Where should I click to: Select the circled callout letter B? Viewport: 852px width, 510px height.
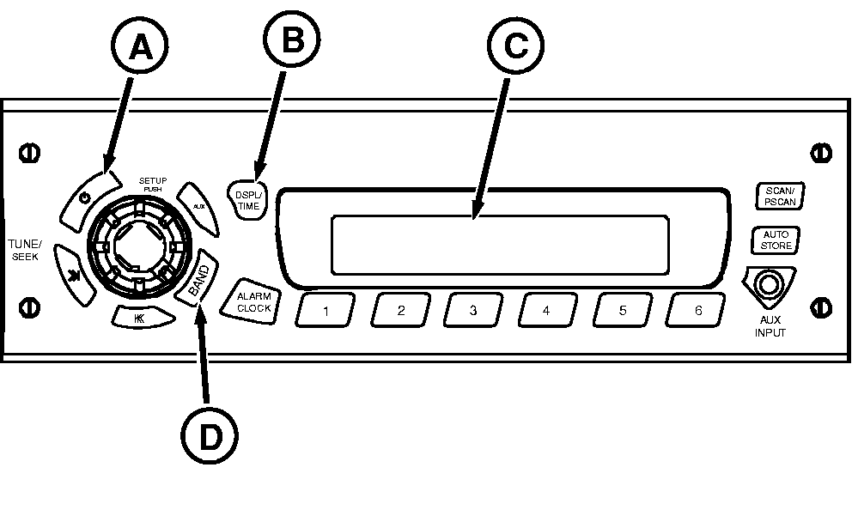click(x=291, y=40)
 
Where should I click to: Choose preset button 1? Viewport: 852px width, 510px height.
click(x=326, y=311)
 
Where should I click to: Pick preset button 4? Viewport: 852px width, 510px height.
click(x=546, y=311)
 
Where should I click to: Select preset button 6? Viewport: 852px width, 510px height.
click(x=697, y=311)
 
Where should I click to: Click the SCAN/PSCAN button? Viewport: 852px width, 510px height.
click(x=777, y=197)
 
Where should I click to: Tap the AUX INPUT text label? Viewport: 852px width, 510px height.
click(x=770, y=327)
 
